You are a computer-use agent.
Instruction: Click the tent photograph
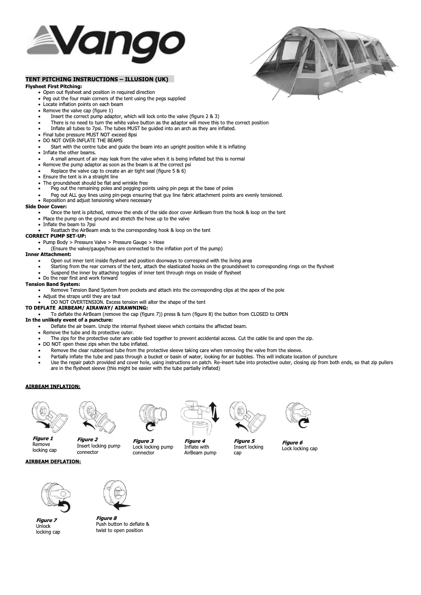click(x=325, y=60)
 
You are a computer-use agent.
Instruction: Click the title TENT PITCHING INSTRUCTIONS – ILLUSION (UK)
click(x=97, y=79)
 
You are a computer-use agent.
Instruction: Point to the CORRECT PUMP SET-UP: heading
click(x=56, y=236)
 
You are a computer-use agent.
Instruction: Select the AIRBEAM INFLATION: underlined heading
click(x=53, y=387)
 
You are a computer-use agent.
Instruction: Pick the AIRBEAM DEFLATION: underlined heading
click(x=53, y=462)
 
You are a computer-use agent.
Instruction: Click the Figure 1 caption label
click(x=43, y=438)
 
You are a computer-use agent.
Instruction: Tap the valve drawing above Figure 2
click(x=97, y=417)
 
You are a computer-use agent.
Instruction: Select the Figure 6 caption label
click(x=292, y=443)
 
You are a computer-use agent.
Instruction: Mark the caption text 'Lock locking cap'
click(x=300, y=449)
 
